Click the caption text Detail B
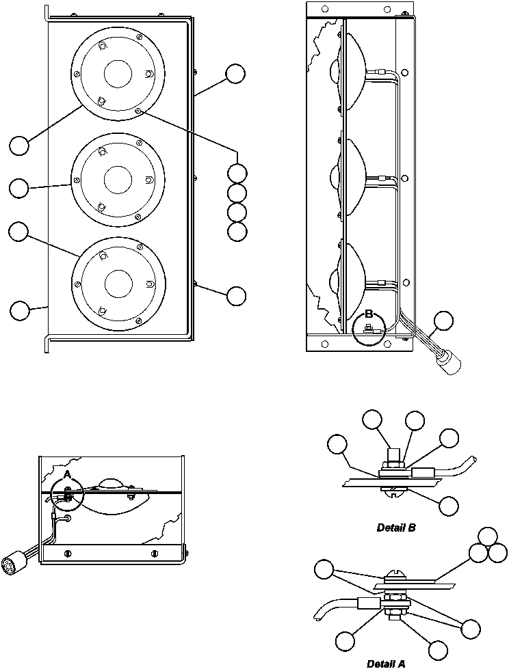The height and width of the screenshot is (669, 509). pos(396,528)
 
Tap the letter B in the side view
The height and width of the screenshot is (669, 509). pos(368,315)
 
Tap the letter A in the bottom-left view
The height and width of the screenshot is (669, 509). pos(67,474)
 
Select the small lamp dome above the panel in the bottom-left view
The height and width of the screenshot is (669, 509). pos(110,483)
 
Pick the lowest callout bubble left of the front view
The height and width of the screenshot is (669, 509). pos(20,310)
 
